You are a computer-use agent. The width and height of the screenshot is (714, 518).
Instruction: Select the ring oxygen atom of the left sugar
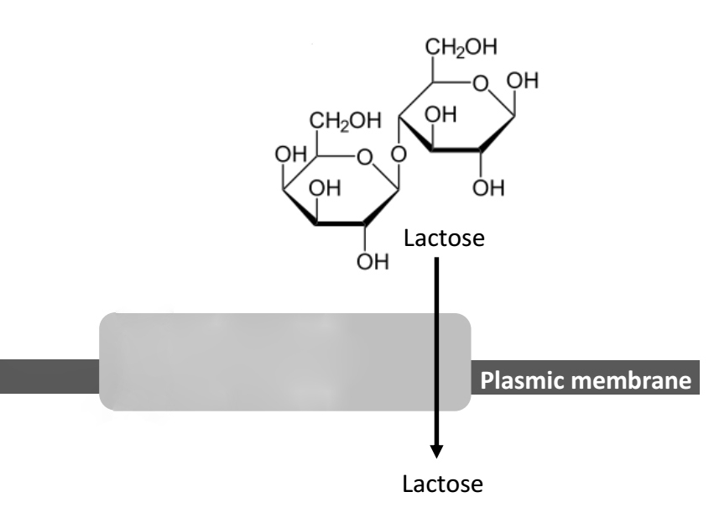click(x=362, y=156)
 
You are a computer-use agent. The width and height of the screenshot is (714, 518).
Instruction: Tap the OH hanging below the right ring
click(x=488, y=186)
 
